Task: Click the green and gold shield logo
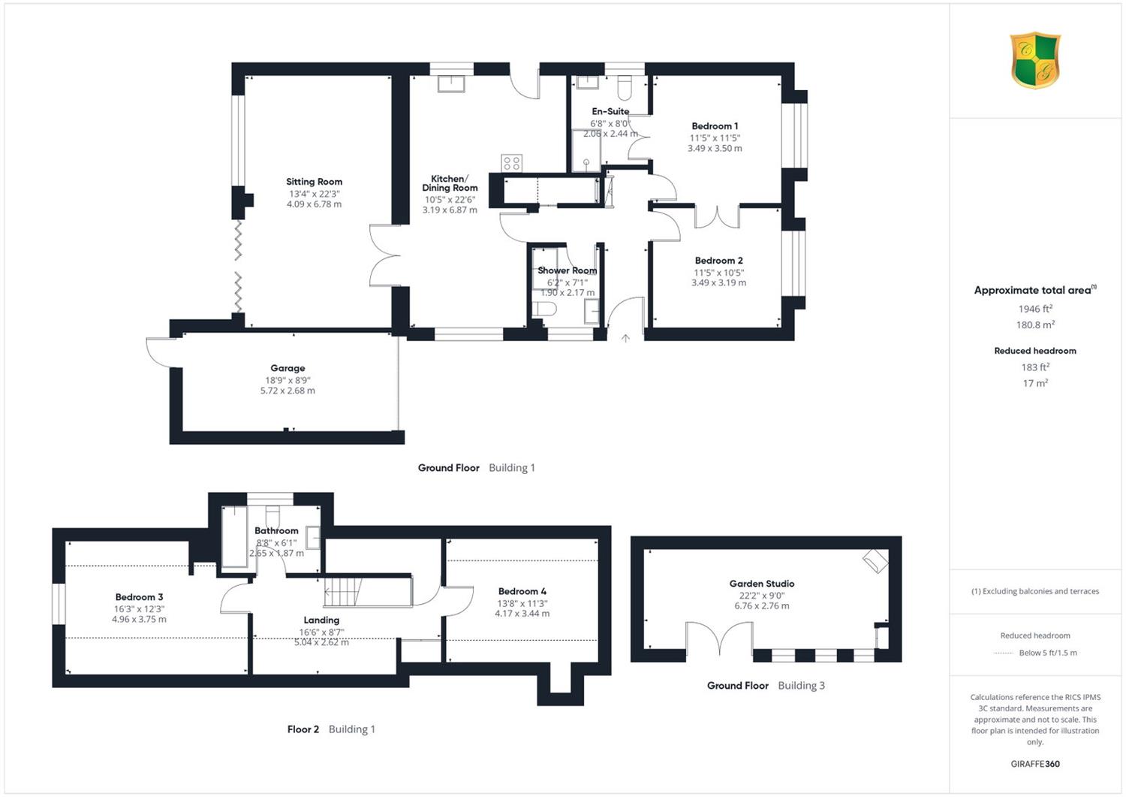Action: [1035, 60]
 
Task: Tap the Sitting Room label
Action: [315, 182]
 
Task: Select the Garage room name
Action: [288, 368]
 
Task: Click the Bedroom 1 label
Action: [715, 125]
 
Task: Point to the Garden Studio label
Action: [762, 584]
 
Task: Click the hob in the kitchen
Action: [512, 163]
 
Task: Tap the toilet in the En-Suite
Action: [624, 89]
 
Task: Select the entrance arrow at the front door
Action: [625, 338]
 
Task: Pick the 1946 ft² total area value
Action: [1035, 309]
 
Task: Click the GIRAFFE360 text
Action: [1035, 764]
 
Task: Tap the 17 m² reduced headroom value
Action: [1035, 383]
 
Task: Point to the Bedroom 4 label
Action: [522, 591]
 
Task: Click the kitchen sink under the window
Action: [451, 83]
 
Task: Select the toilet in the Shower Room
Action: [544, 309]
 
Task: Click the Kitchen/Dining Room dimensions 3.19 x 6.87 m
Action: [450, 210]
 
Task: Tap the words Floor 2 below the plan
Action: [303, 729]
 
